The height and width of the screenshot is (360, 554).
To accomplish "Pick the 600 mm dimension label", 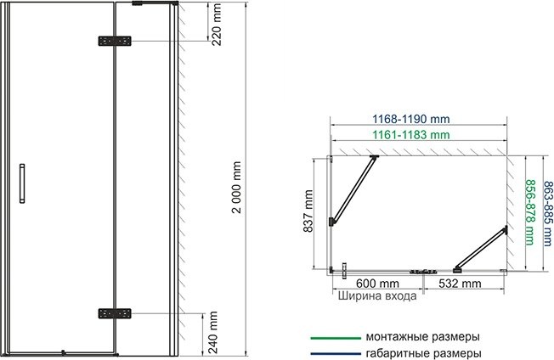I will [x=378, y=284].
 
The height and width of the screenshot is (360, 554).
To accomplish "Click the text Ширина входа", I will [x=377, y=297].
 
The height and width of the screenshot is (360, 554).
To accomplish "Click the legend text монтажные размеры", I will [x=421, y=335].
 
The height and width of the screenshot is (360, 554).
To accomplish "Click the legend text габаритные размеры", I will [x=422, y=352].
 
